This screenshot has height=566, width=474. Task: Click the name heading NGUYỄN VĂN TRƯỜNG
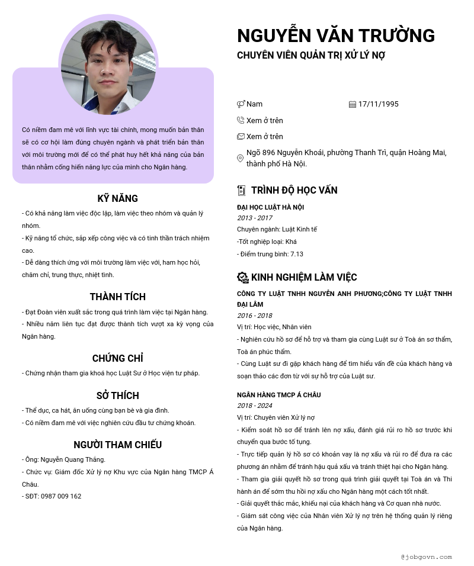[335, 36]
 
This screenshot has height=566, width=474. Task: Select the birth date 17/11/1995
[378, 104]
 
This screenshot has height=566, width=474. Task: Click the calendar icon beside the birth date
[353, 104]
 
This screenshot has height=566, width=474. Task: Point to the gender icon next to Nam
[241, 104]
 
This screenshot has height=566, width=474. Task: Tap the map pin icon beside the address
[240, 159]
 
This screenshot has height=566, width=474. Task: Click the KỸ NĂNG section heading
[117, 198]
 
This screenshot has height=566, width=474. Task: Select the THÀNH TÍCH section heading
[117, 297]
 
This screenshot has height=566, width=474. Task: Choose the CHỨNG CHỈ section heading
[117, 358]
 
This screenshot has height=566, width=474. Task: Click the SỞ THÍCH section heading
[117, 395]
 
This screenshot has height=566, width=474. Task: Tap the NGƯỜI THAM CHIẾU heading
[117, 445]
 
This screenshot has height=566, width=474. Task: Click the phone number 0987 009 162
[61, 496]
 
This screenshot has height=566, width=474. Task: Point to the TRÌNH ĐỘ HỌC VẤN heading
[294, 190]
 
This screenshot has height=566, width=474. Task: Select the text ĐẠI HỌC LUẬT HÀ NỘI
[270, 207]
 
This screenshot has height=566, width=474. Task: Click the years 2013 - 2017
[255, 218]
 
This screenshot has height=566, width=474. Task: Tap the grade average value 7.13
[296, 254]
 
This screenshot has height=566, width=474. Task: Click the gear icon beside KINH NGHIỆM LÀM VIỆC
[242, 277]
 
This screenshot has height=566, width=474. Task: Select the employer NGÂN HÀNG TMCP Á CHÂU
[278, 395]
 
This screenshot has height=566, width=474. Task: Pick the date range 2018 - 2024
[255, 406]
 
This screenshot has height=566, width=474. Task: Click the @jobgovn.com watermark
[426, 557]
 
